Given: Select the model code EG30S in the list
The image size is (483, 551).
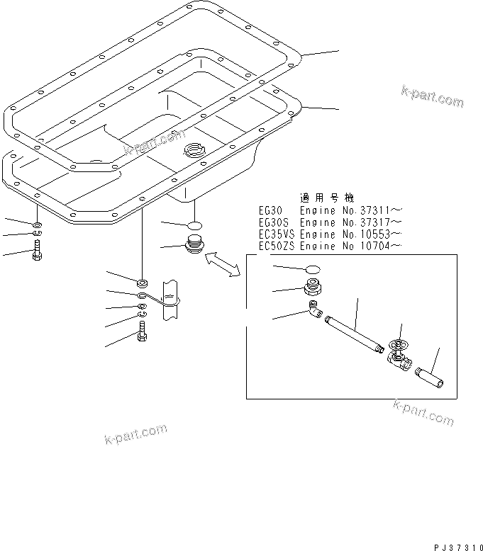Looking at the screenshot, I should click(x=274, y=222).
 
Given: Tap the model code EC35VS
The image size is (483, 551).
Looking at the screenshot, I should click(x=278, y=234).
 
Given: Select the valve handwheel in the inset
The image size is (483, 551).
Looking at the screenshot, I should click(x=399, y=347).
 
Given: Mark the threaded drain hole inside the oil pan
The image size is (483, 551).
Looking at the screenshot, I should click(x=193, y=149).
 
